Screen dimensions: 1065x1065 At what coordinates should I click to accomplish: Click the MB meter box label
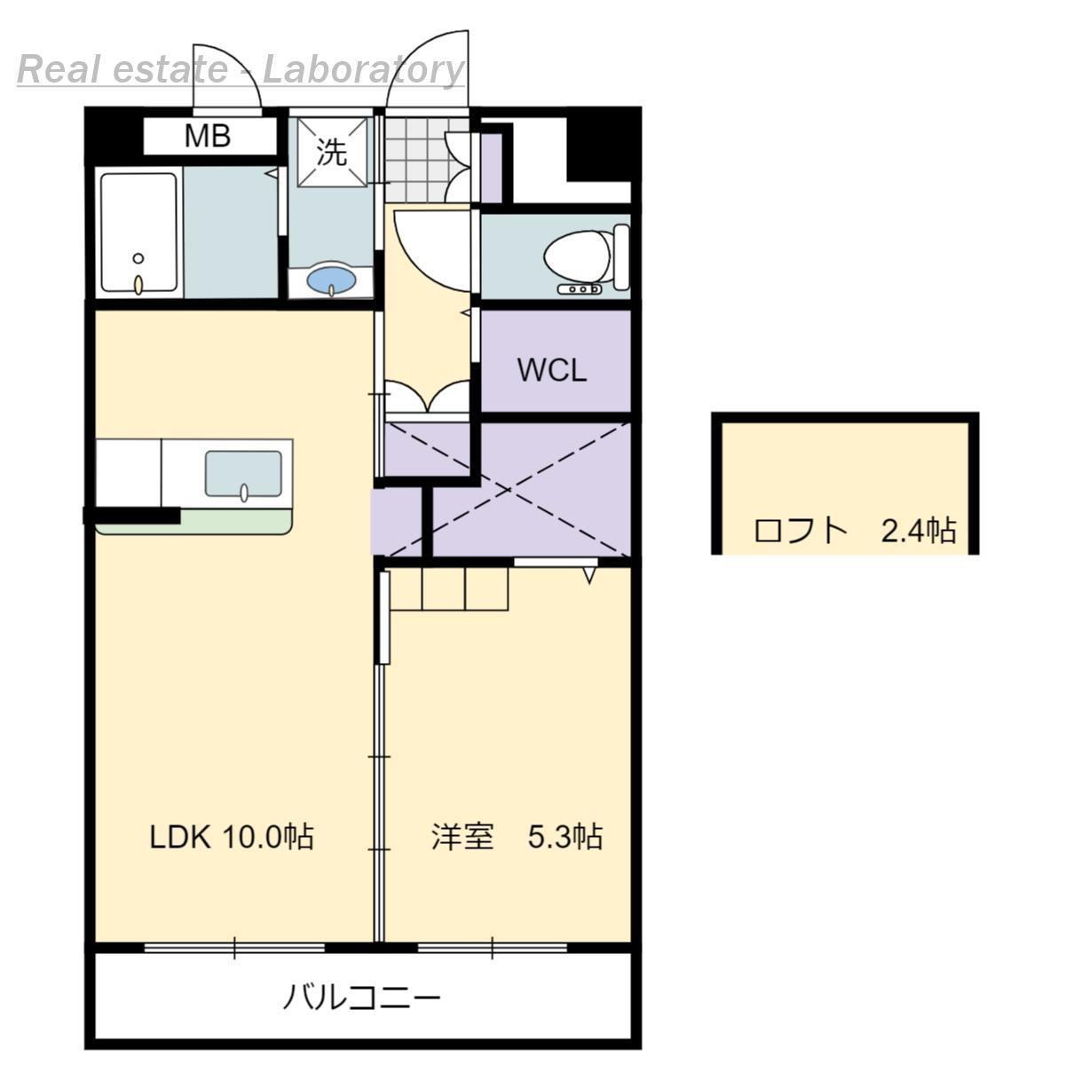208,137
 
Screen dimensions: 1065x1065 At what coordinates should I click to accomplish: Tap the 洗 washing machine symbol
332,153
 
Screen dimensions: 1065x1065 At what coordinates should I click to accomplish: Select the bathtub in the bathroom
138,233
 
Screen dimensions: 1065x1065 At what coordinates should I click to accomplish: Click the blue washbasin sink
331,281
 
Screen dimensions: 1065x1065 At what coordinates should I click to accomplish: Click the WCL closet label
552,370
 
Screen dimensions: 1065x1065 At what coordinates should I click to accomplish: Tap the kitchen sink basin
243,473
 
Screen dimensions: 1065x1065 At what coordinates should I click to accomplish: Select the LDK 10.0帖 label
231,836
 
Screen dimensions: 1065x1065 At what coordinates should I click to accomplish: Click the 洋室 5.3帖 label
517,836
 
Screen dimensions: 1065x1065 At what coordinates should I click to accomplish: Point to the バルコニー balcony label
361,998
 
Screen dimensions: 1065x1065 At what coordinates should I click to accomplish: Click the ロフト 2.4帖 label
854,531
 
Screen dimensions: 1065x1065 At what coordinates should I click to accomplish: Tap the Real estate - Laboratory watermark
241,69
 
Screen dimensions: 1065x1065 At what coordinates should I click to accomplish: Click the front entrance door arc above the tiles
426,67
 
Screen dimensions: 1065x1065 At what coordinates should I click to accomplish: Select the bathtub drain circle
138,258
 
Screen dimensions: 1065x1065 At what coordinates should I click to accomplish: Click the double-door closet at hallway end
428,398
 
